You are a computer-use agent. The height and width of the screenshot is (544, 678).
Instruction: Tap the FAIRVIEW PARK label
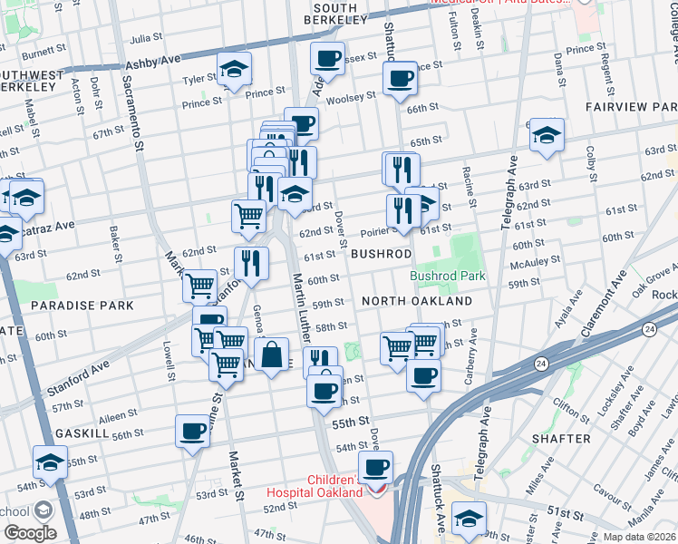(630, 107)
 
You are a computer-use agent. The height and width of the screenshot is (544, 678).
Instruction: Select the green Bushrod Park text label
(447, 276)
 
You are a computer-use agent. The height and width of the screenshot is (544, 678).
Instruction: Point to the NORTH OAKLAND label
(416, 300)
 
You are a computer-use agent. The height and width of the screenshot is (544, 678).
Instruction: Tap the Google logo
(29, 533)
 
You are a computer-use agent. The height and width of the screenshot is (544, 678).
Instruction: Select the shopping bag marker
(271, 355)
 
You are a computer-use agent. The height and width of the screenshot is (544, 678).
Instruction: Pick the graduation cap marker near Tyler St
(234, 69)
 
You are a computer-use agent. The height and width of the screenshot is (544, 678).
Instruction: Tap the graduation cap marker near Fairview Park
(547, 135)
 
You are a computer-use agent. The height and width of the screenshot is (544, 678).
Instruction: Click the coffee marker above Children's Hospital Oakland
(375, 468)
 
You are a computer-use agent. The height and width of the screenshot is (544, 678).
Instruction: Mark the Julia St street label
(146, 39)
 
